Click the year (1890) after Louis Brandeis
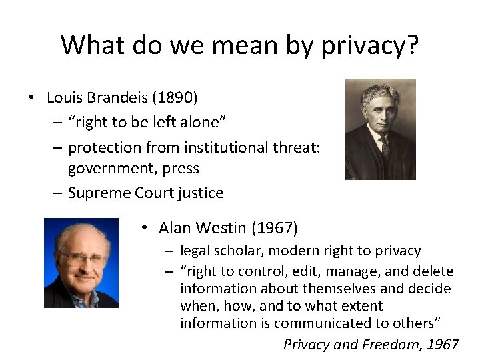(175, 97)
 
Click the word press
(182, 168)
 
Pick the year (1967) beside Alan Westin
(274, 228)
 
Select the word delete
(433, 271)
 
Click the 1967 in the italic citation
(443, 345)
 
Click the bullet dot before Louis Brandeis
(31, 98)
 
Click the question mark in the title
(411, 45)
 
